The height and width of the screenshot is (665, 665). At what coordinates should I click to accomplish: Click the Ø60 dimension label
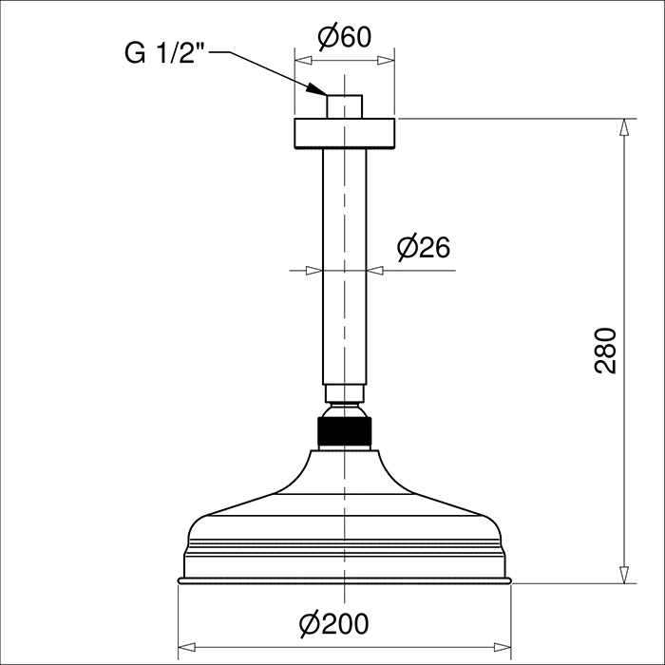(x=344, y=37)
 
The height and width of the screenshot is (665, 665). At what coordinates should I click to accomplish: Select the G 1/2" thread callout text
(x=164, y=53)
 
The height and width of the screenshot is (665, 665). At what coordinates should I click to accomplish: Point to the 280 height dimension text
(x=605, y=351)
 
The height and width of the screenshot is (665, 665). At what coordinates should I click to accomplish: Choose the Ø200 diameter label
(x=333, y=624)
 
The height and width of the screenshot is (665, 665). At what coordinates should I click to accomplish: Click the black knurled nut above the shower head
(x=344, y=431)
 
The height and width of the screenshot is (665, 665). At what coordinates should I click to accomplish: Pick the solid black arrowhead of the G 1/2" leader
(x=316, y=88)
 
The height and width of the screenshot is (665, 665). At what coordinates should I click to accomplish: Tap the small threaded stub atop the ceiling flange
(x=344, y=106)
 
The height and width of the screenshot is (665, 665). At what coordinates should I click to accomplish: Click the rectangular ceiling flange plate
(x=344, y=134)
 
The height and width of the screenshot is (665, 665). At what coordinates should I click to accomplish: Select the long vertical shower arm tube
(x=344, y=266)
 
